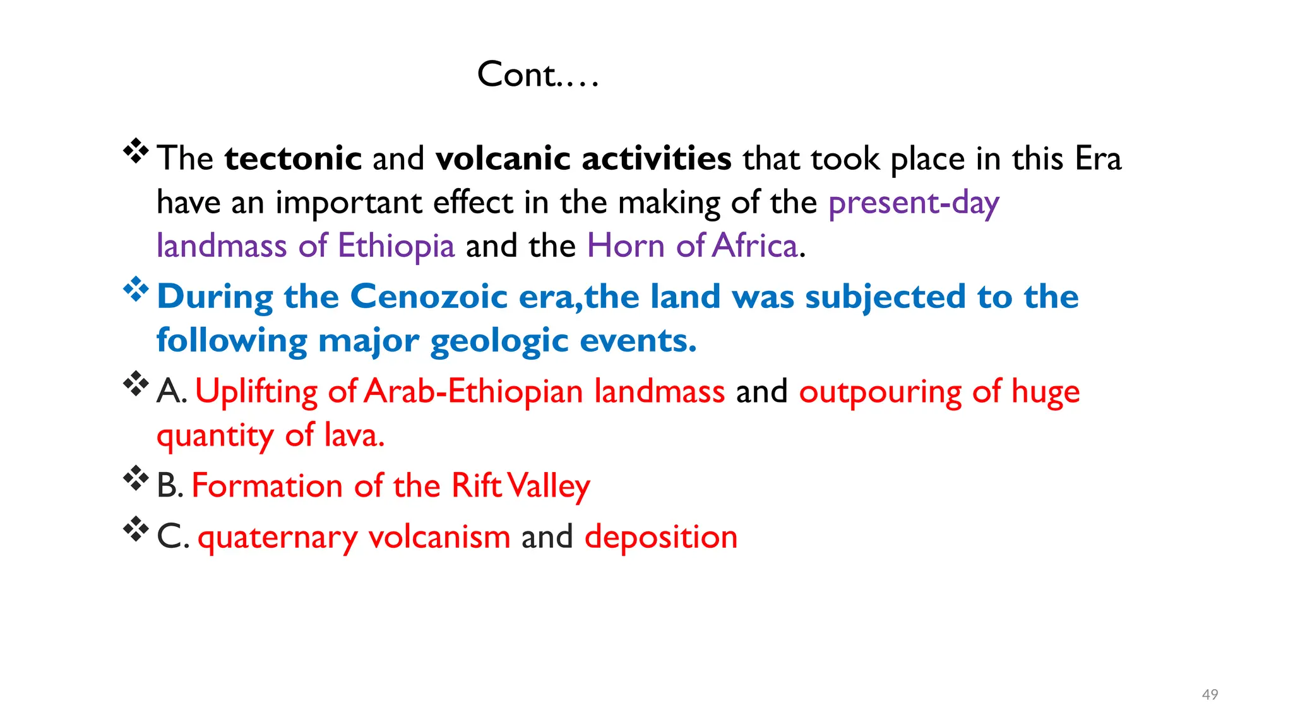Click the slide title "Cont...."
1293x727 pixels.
click(x=537, y=74)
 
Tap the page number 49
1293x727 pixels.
click(x=1210, y=695)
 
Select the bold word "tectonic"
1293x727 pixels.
click(x=293, y=158)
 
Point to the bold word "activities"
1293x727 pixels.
click(x=657, y=158)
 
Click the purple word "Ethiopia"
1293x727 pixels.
click(x=396, y=245)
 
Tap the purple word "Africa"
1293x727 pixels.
click(x=754, y=245)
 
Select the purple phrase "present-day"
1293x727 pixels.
click(x=914, y=203)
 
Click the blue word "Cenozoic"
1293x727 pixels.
click(x=429, y=296)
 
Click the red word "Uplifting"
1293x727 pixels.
click(x=256, y=392)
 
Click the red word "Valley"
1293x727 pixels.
click(x=549, y=487)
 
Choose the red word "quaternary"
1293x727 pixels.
click(x=277, y=538)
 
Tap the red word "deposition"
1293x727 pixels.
click(x=660, y=537)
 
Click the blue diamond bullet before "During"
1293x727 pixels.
click(x=136, y=290)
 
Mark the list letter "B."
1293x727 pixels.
click(x=170, y=486)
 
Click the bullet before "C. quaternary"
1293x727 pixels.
click(x=136, y=529)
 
